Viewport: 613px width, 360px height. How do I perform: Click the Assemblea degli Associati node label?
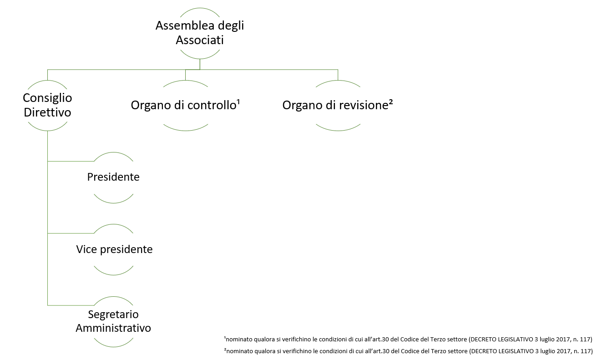(x=200, y=33)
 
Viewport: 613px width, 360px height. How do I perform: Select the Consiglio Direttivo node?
(x=47, y=105)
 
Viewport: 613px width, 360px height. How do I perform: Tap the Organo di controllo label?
(x=183, y=105)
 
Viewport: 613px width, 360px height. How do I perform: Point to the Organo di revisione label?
(x=335, y=105)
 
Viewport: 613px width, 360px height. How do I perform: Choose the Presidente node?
(x=113, y=177)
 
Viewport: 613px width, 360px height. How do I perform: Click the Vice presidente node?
(x=114, y=249)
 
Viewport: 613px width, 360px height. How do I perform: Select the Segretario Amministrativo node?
(x=113, y=321)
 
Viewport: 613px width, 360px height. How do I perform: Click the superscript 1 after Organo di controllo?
(x=238, y=102)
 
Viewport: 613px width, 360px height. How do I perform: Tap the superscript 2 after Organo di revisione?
(x=391, y=102)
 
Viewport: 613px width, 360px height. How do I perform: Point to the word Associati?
(x=200, y=40)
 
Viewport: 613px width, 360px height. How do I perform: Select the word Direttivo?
(x=47, y=112)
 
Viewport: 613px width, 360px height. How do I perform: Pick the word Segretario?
(x=113, y=314)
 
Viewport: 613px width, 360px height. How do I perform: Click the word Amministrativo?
(x=113, y=328)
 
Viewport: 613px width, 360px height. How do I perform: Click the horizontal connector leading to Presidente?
(x=71, y=161)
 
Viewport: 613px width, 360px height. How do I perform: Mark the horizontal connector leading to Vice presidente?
(x=71, y=233)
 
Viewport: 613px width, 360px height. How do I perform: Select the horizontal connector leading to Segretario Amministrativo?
(x=71, y=305)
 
